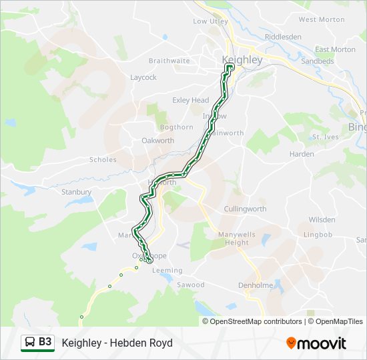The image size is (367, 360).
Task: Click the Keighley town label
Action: coord(242,60)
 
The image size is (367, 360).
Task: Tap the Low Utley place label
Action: coord(210,21)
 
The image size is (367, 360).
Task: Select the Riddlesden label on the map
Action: coord(283,37)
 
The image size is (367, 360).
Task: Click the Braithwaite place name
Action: coord(169,61)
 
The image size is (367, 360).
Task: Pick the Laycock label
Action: coord(143,77)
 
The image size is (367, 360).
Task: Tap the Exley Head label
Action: coord(191,101)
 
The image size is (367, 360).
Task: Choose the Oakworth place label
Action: coord(157,141)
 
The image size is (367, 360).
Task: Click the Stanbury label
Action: coord(77,192)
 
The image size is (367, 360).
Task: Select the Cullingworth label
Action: coord(245,209)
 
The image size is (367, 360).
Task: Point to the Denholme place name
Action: coord(256,285)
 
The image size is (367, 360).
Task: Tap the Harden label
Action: coord(302,154)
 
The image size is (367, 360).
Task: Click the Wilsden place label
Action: coord(322,219)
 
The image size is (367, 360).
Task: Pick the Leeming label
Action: coord(167,270)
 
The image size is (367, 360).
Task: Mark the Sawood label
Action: coord(191,285)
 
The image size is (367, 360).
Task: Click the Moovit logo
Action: coord(316,343)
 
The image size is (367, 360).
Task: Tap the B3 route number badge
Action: coord(38,343)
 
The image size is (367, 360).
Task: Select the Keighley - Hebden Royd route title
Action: coord(117,343)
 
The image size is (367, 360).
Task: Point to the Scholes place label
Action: coord(103,160)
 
